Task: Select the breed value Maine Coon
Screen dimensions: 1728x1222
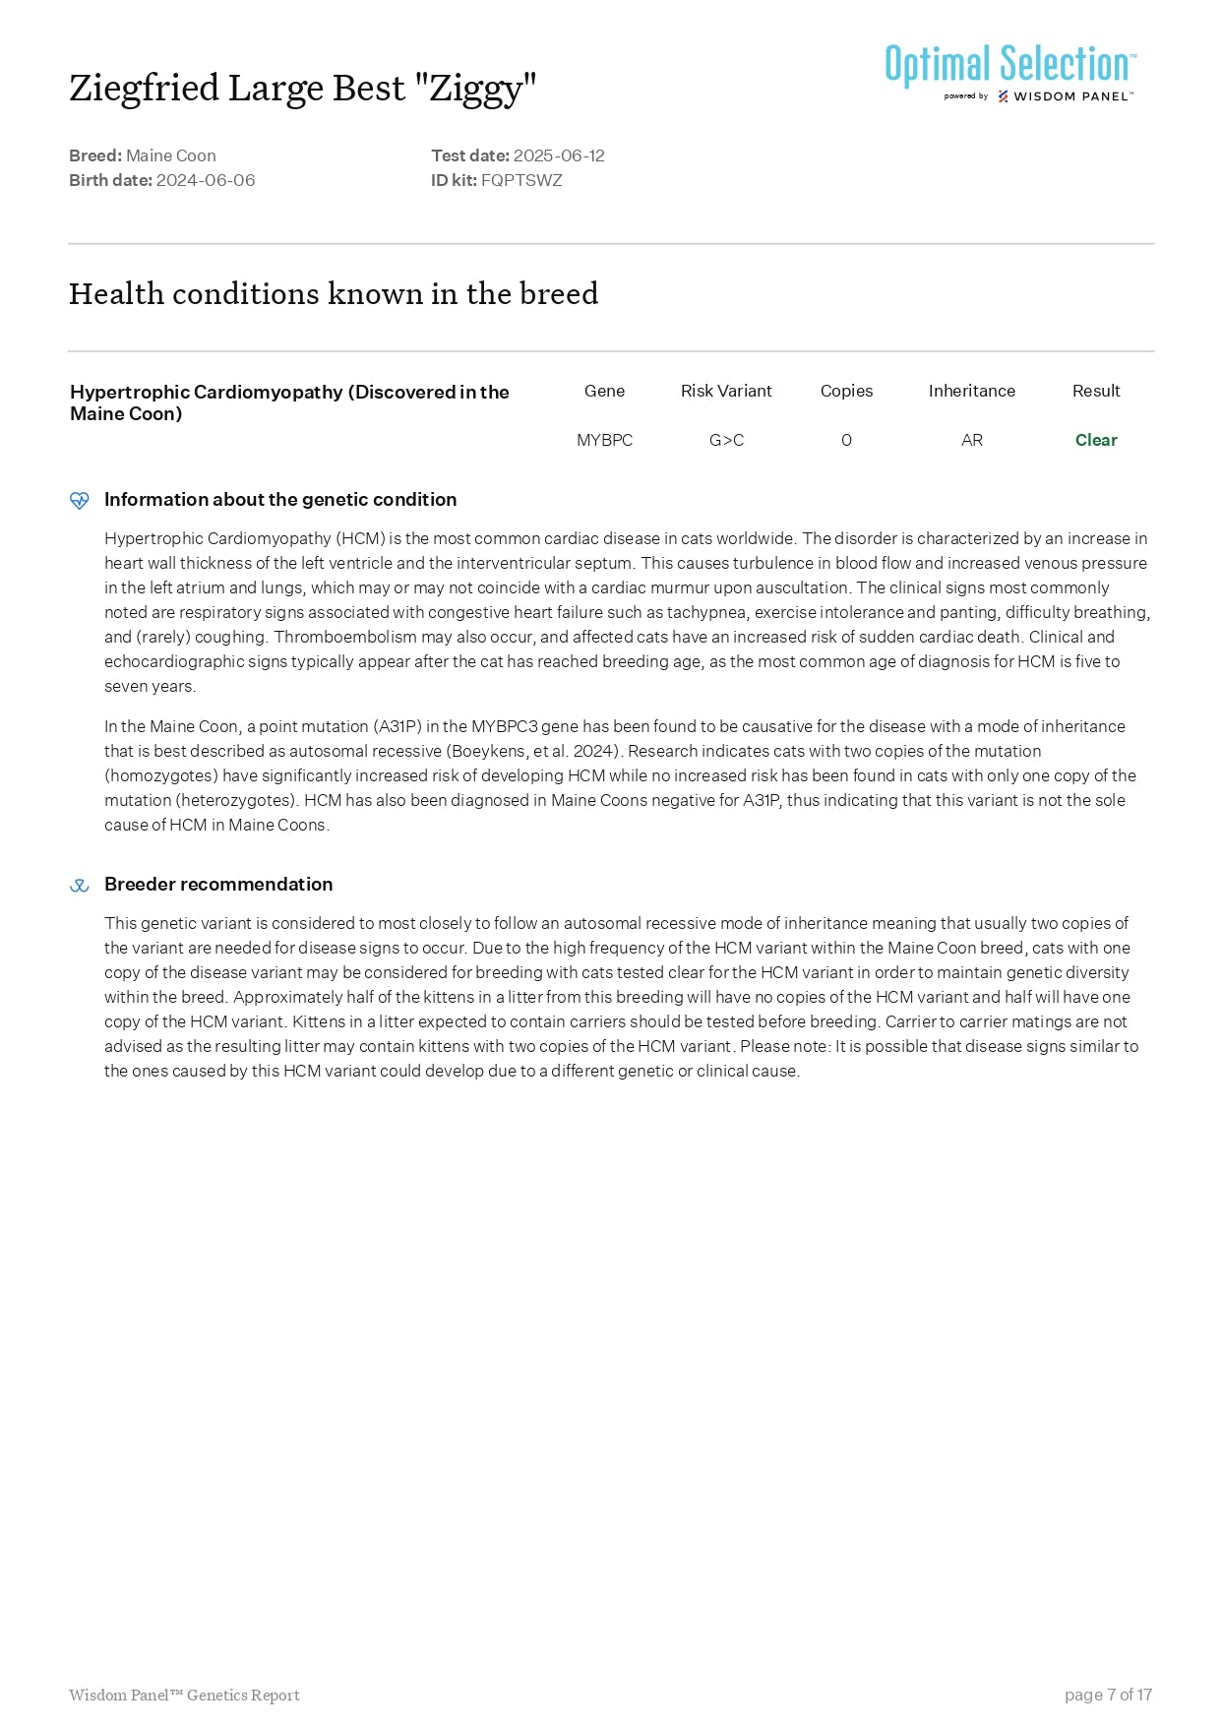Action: pyautogui.click(x=171, y=155)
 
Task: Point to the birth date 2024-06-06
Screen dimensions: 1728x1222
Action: pyautogui.click(x=206, y=180)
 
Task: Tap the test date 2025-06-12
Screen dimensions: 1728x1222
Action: pyautogui.click(x=559, y=155)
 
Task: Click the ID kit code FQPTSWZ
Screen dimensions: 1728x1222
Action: pyautogui.click(x=521, y=180)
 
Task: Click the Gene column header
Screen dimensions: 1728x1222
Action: pyautogui.click(x=604, y=391)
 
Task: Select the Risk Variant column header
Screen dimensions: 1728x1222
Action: pyautogui.click(x=726, y=391)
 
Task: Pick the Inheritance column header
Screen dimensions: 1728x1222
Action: pyautogui.click(x=971, y=391)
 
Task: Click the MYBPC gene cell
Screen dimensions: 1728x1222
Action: pyautogui.click(x=604, y=440)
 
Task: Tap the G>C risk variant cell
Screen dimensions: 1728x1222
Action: pyautogui.click(x=726, y=440)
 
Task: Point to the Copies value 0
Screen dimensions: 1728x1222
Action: pyautogui.click(x=846, y=440)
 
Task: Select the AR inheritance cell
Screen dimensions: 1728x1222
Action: pyautogui.click(x=971, y=440)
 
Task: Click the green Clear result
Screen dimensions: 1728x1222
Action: pyautogui.click(x=1096, y=440)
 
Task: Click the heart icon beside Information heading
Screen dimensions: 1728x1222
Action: pyautogui.click(x=80, y=500)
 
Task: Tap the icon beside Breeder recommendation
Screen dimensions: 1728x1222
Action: pyautogui.click(x=80, y=886)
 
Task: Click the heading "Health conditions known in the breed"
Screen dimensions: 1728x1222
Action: pyautogui.click(x=334, y=293)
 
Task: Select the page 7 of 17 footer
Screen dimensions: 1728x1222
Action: pyautogui.click(x=1108, y=1695)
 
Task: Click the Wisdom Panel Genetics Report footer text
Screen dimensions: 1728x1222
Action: pyautogui.click(x=184, y=1695)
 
